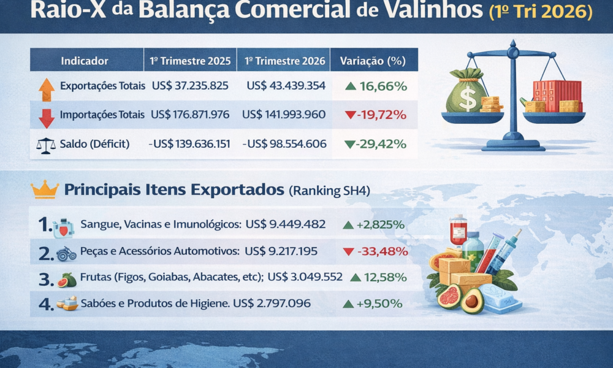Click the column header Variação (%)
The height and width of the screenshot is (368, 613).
coord(373,61)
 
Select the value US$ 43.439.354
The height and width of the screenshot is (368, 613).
coord(286,86)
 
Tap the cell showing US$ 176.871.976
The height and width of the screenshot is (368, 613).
coord(189,115)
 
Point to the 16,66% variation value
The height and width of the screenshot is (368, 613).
coord(376,86)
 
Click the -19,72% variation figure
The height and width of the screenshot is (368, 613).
coord(376,115)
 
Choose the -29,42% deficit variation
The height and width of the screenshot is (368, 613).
coord(376,144)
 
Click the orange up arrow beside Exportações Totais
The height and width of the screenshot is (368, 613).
coord(47,89)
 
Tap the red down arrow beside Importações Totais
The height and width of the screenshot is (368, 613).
coord(47,117)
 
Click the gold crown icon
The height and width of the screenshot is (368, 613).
coord(45,190)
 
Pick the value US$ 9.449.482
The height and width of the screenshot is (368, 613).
coord(285,224)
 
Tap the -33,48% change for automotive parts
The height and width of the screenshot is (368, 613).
coord(376,251)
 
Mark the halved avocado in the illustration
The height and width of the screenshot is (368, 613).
coord(472,300)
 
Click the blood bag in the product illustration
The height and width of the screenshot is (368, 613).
coord(457,231)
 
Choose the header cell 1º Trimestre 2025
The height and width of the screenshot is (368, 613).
coord(190,61)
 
